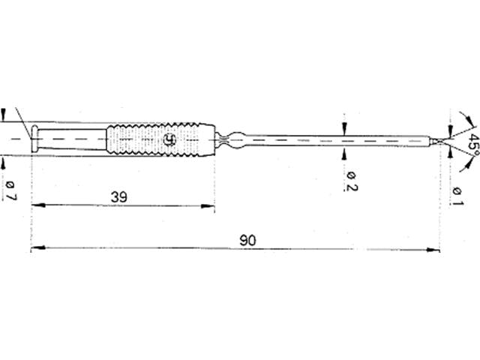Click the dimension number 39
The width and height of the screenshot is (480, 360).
tap(118, 197)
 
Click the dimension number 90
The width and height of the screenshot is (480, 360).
tap(247, 240)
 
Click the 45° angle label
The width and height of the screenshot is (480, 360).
tap(471, 144)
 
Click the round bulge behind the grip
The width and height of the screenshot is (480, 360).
tap(234, 139)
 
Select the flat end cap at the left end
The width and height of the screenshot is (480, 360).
tap(34, 139)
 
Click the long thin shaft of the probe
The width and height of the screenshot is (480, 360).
tap(337, 140)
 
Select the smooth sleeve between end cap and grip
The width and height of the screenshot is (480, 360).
tap(71, 139)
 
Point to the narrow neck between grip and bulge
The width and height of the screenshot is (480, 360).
tap(221, 139)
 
